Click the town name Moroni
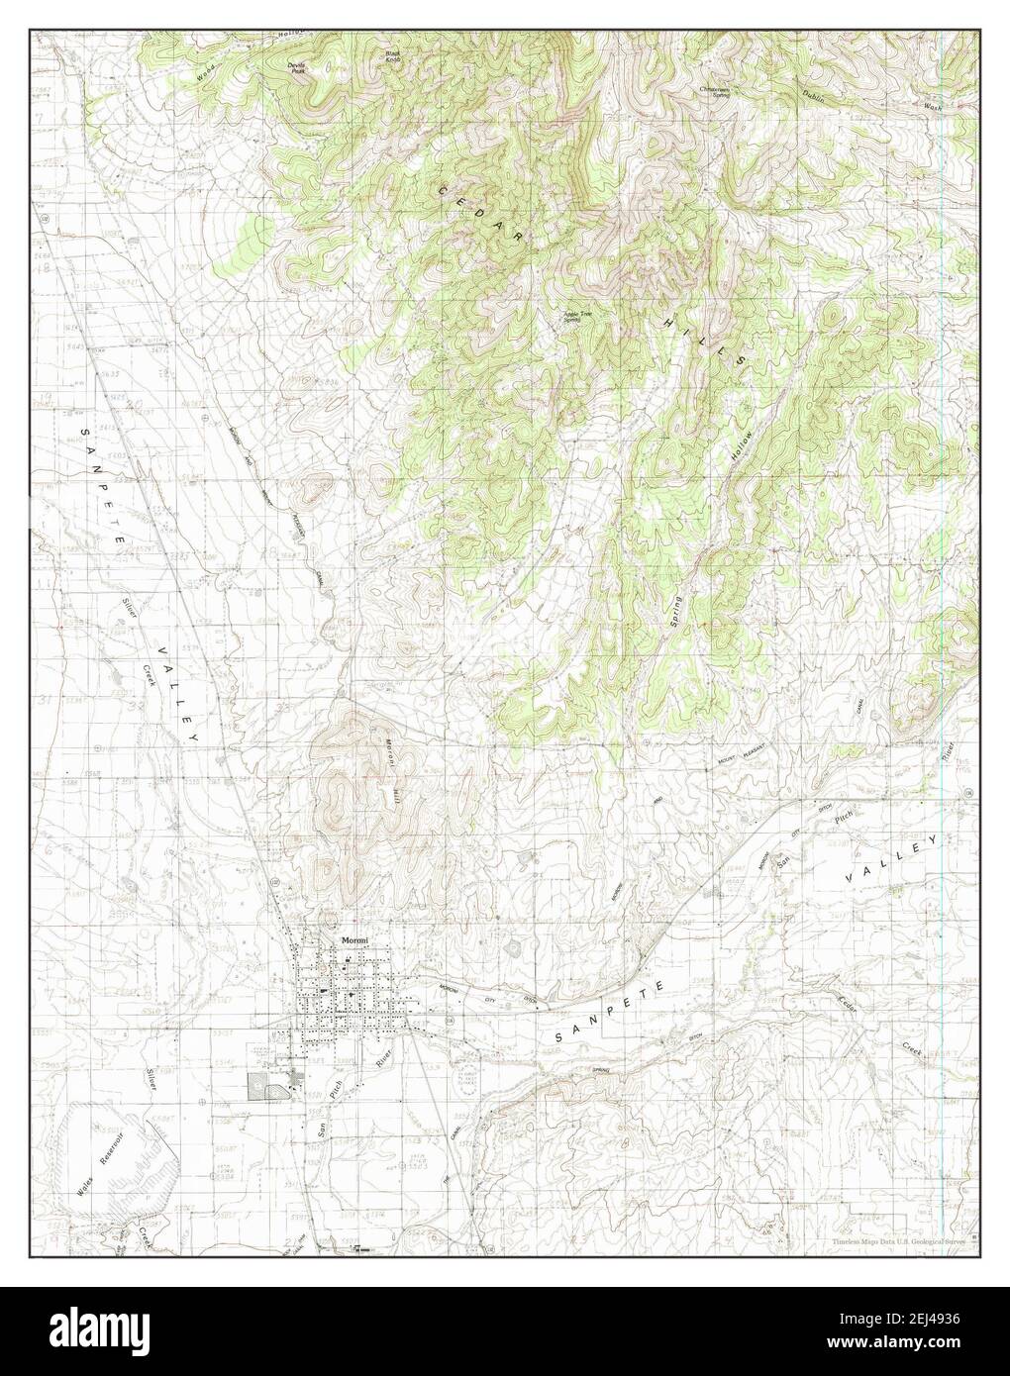click(x=354, y=939)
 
